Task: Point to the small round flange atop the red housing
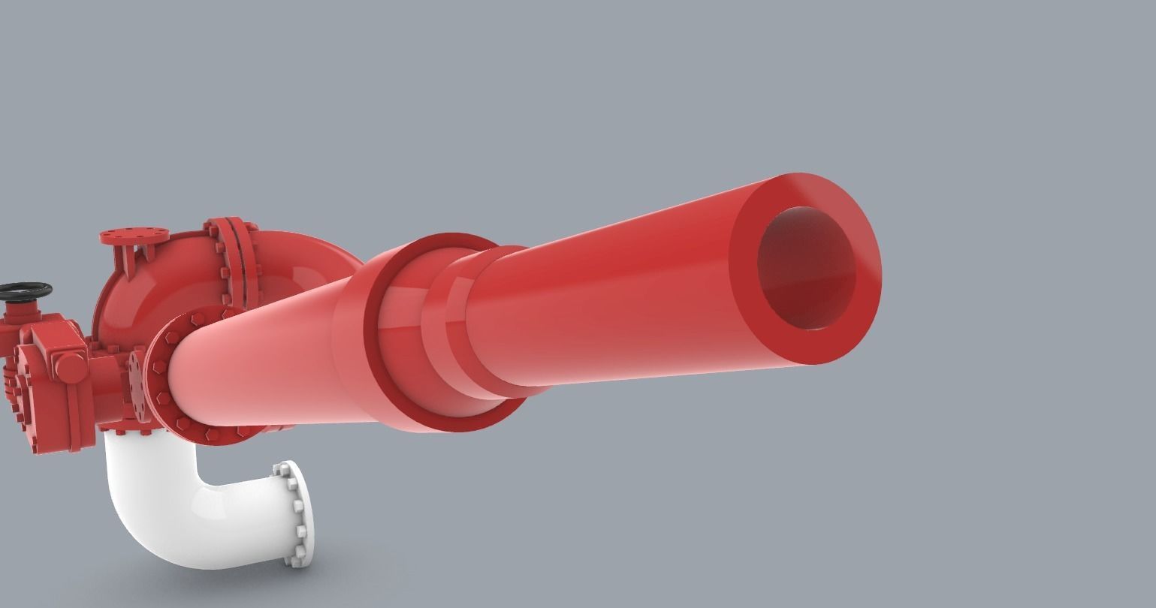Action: tap(134, 236)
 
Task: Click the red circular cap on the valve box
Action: tap(71, 368)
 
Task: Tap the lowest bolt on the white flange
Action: tap(301, 558)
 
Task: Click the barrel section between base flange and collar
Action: tap(263, 360)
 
